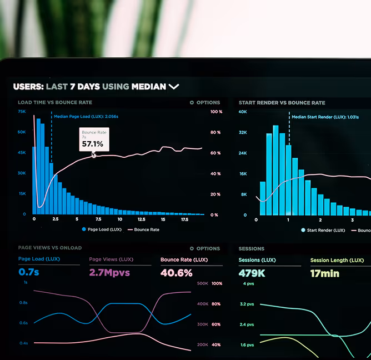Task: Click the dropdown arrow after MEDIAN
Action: (174, 87)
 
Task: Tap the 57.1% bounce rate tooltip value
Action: (93, 144)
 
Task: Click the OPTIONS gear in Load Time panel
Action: (192, 103)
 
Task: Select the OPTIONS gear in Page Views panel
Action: (192, 249)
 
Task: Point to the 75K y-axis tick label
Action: (22, 112)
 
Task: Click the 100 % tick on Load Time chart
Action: (216, 112)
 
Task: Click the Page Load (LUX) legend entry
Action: (102, 229)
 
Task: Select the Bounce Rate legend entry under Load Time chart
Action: (143, 229)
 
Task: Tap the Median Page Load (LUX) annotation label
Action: (86, 117)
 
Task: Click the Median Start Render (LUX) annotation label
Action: (325, 117)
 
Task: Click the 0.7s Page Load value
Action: (29, 272)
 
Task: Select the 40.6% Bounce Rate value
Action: (177, 273)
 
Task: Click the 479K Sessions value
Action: (252, 273)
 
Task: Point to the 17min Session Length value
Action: (324, 273)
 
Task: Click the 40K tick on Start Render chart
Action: (243, 112)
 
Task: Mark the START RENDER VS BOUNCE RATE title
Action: (282, 103)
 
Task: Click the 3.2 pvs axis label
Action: (247, 304)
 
